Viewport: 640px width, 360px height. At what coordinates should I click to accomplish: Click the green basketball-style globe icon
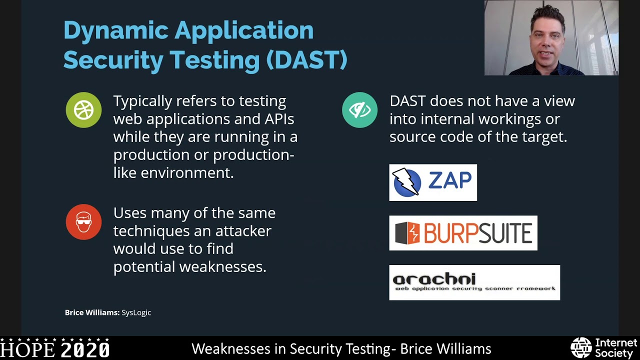83,110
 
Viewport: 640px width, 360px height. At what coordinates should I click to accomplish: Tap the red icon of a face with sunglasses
83,222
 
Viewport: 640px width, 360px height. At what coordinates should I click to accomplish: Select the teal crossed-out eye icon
359,110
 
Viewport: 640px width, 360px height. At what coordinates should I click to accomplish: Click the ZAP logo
433,182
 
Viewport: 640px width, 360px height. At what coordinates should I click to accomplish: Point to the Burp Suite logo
463,233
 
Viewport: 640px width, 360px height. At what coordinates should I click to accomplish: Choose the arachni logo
474,282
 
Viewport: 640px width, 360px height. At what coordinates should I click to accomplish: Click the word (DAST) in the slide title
306,60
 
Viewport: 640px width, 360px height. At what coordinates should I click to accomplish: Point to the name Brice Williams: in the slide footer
92,312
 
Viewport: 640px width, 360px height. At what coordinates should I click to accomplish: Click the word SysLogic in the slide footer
136,312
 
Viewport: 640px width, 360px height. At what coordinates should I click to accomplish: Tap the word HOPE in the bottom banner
28,349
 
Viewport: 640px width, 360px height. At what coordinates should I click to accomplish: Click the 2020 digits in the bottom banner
85,349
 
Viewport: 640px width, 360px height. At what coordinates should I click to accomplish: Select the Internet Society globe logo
581,348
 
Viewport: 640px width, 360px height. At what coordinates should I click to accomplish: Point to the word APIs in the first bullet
278,119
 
